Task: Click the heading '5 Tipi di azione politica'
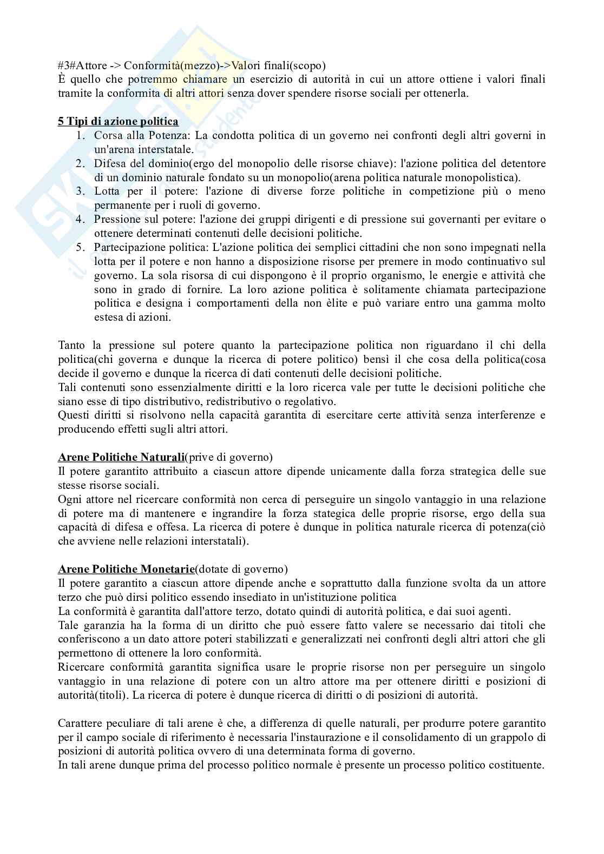point(118,121)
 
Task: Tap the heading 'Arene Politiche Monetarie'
point(126,569)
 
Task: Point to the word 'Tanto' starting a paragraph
point(71,345)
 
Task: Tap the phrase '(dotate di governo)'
point(241,569)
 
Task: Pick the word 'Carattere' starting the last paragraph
point(78,723)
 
